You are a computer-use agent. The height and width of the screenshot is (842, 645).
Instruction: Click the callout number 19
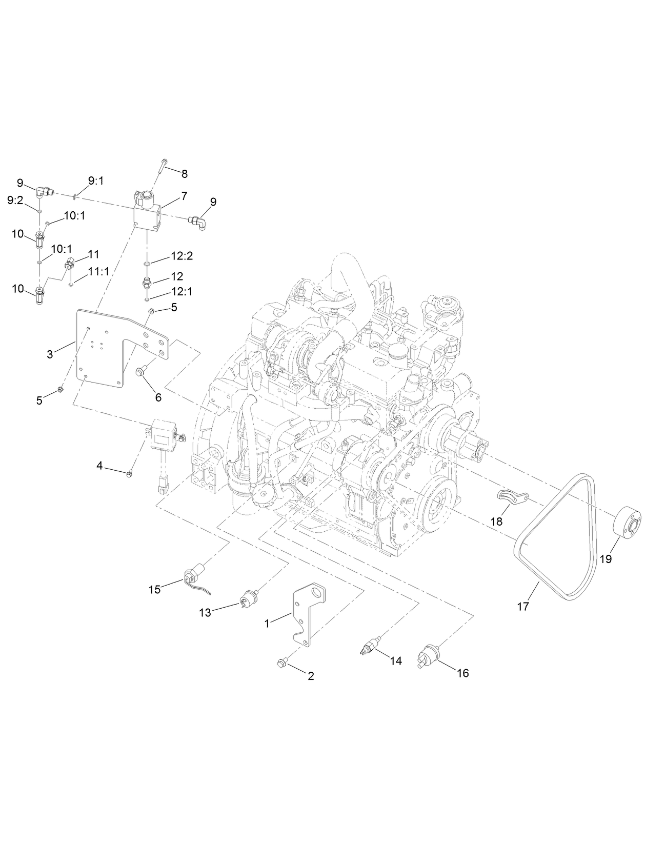606,559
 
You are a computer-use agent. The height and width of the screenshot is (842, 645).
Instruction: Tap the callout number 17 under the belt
522,606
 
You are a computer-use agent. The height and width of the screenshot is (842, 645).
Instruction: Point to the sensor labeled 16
430,656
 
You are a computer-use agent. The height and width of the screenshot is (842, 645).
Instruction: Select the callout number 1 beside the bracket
267,623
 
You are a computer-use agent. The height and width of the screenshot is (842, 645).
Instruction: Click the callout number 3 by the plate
50,354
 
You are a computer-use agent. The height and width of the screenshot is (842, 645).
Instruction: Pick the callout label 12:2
182,256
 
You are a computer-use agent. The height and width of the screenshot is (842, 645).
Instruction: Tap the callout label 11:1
98,272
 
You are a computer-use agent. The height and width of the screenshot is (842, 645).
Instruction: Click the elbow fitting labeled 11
69,264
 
